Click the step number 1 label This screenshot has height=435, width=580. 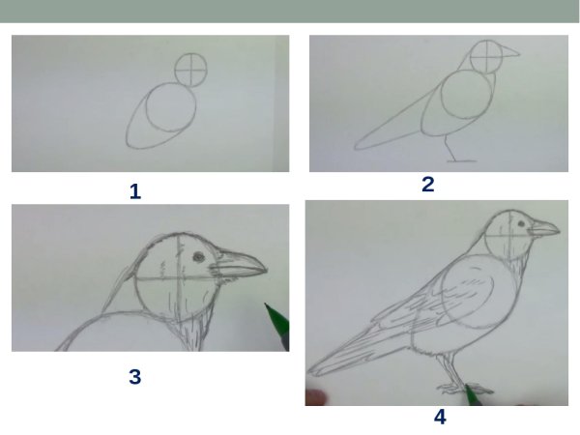(x=135, y=191)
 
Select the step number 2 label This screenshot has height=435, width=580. (x=428, y=185)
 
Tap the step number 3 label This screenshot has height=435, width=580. (x=135, y=377)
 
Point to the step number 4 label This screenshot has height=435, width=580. (x=441, y=418)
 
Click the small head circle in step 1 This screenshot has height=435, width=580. (x=192, y=67)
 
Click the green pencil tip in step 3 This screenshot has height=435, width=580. (x=269, y=311)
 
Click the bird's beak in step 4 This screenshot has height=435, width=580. (x=545, y=230)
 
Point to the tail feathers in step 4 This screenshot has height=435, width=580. (x=338, y=358)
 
